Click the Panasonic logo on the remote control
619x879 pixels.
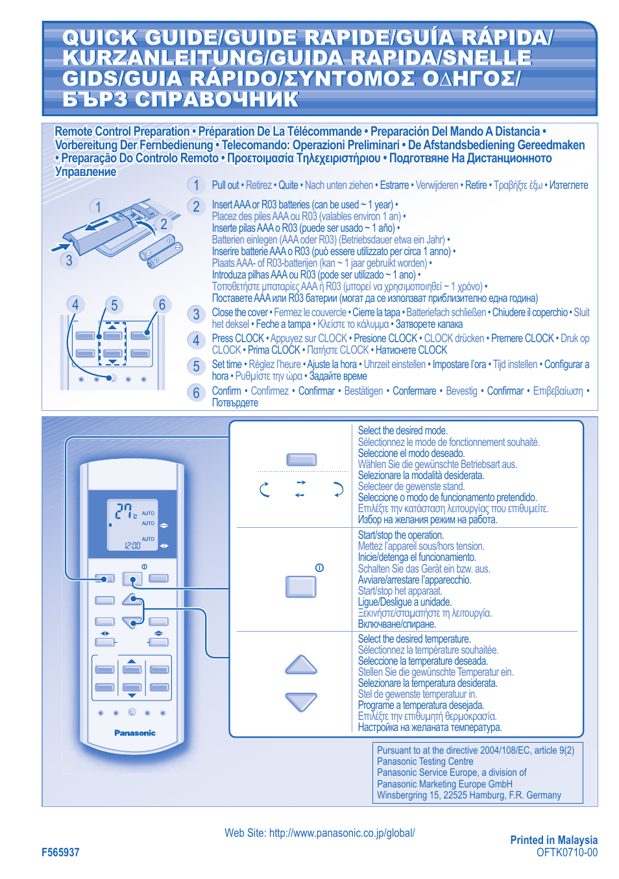[x=135, y=733]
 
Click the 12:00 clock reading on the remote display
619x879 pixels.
[x=132, y=545]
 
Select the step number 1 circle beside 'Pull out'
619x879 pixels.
[x=196, y=186]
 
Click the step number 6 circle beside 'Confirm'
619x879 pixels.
[x=196, y=393]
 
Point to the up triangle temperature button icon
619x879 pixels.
[x=301, y=665]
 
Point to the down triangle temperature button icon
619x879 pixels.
[x=301, y=702]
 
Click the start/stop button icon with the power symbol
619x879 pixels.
[x=301, y=586]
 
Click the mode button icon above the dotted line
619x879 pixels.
[x=301, y=460]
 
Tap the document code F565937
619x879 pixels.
[x=60, y=852]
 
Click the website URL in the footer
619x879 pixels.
[x=319, y=833]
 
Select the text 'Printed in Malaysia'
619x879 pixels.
[x=553, y=840]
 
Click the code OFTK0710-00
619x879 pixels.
[x=566, y=852]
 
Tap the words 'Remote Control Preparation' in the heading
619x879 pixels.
[x=122, y=132]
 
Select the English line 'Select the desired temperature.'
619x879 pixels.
[x=414, y=639]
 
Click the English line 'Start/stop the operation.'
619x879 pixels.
[x=400, y=535]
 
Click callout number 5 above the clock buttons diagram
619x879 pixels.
[x=114, y=305]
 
